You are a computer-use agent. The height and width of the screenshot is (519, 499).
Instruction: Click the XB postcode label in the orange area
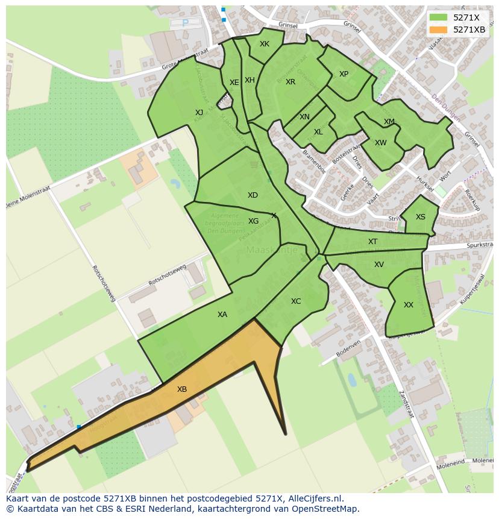tap(182, 389)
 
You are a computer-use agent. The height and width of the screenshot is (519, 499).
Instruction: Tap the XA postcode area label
tap(222, 315)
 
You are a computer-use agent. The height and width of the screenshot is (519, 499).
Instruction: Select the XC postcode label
tap(296, 301)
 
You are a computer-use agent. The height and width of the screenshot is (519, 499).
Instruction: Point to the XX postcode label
tap(409, 305)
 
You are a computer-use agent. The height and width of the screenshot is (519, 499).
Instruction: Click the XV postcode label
tap(379, 265)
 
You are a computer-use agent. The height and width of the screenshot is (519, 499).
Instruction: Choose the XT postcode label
tap(373, 242)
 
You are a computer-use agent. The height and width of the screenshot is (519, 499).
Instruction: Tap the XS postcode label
tap(421, 217)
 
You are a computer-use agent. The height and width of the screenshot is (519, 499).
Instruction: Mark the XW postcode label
tap(381, 143)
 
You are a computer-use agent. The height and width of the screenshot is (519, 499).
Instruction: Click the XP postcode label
tap(344, 74)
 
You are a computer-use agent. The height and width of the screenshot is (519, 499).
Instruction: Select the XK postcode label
tap(265, 44)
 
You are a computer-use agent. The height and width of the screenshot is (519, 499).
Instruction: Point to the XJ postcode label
tap(199, 112)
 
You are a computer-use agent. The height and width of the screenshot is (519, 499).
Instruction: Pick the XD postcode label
tap(253, 195)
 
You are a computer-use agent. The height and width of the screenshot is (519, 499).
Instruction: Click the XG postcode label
tap(254, 221)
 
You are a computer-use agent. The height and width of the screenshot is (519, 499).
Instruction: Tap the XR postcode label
tap(290, 82)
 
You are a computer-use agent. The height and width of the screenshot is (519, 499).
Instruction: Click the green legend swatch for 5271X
tap(438, 17)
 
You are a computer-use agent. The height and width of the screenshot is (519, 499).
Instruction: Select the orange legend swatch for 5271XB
tap(438, 30)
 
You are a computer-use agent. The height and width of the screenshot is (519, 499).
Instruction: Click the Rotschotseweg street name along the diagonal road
tap(103, 283)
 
